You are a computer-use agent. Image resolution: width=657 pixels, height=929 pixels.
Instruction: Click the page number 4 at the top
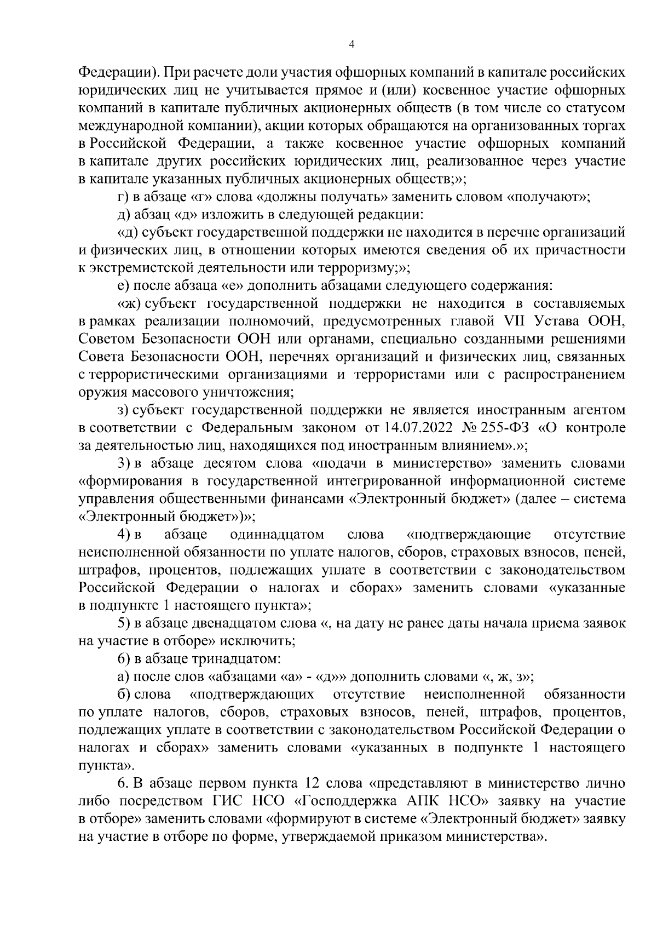click(351, 44)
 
